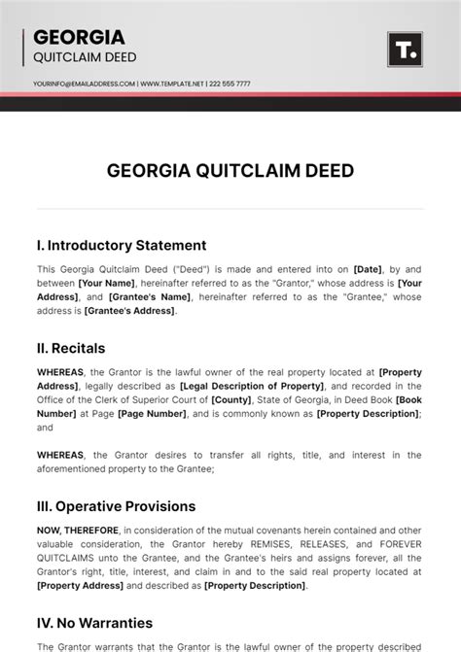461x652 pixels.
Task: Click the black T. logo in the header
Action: tap(404, 50)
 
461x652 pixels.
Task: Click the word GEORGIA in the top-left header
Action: tap(79, 38)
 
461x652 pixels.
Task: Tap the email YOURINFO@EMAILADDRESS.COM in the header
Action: tap(84, 84)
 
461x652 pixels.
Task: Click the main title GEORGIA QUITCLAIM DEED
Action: tap(230, 171)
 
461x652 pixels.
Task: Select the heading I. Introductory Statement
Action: tap(122, 245)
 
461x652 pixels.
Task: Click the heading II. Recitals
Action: tap(71, 348)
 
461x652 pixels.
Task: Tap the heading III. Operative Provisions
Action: tap(116, 506)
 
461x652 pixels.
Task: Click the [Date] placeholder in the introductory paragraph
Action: tap(369, 269)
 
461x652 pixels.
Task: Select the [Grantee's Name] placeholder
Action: tap(150, 297)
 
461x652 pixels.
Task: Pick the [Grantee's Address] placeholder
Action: tap(129, 311)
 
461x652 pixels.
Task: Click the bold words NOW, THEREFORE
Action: tap(78, 530)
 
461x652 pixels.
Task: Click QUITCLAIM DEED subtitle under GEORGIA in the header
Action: tap(85, 57)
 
